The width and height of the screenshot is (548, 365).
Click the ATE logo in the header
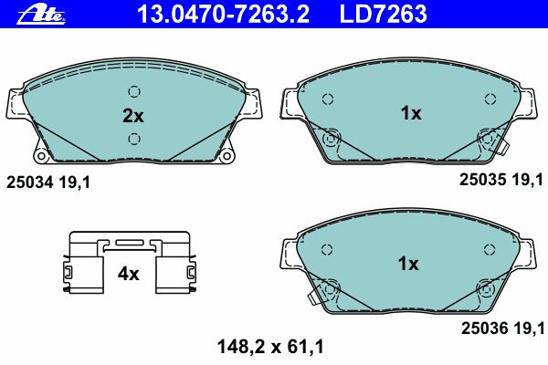[41, 16]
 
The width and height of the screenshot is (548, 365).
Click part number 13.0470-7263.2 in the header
[224, 14]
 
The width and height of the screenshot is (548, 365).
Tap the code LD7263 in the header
[383, 14]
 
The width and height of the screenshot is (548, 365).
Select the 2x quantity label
[132, 116]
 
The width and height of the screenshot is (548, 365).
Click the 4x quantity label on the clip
[128, 274]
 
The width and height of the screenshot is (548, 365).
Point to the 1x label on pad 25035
[411, 113]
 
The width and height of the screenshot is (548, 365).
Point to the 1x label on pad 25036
[408, 264]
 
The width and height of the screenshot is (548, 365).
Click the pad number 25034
[30, 182]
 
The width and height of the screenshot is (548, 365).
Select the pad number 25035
[482, 180]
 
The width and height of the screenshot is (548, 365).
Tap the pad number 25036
[484, 328]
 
